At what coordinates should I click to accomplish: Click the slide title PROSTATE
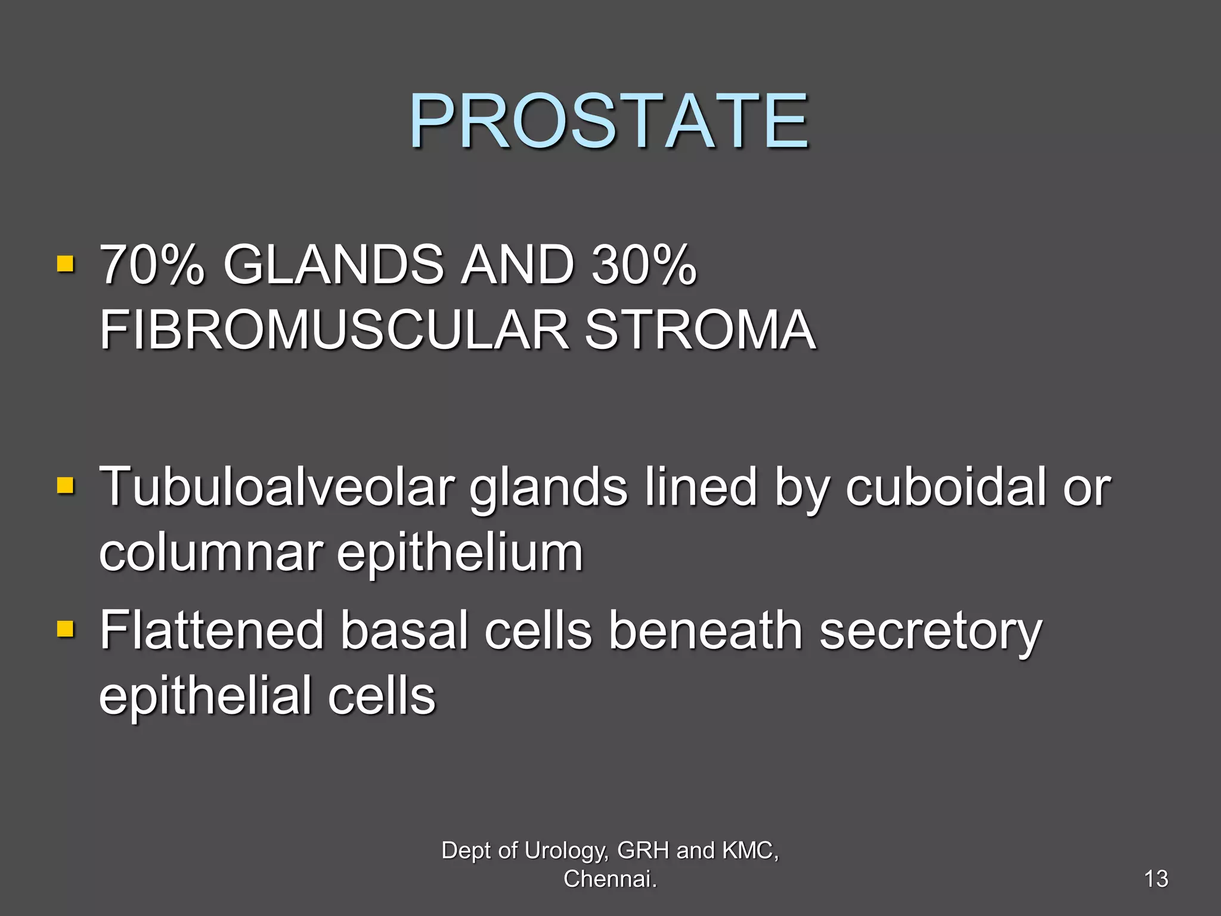click(609, 122)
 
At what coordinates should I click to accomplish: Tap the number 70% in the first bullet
click(152, 265)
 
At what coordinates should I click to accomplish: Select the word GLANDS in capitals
click(334, 265)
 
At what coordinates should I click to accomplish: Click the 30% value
click(644, 265)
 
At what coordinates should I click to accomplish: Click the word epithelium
click(460, 553)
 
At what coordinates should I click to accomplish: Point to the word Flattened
click(211, 631)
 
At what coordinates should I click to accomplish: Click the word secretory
click(931, 631)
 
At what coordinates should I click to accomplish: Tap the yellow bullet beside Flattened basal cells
click(65, 629)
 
